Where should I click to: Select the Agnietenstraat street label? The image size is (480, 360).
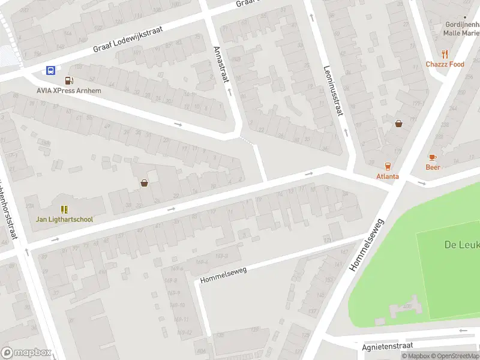pos(388,347)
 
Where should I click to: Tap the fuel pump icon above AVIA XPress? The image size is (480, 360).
pos(69,80)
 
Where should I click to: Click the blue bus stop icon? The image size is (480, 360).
pos(50,70)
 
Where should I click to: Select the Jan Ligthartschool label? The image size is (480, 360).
pos(64,219)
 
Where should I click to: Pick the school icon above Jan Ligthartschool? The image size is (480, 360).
pos(64,209)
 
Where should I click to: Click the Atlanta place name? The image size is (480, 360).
pos(388,176)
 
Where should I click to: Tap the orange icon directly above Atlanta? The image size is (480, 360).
pos(388,166)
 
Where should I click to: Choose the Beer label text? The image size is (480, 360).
pos(433,167)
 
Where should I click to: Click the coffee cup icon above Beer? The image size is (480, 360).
pos(433,157)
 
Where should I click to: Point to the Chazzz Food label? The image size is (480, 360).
pos(445,64)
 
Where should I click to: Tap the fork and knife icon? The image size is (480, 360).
pos(445,53)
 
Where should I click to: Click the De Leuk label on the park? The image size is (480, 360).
pos(460,245)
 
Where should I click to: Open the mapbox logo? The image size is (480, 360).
pos(26,353)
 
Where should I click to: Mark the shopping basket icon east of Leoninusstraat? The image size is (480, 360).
pos(398,124)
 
